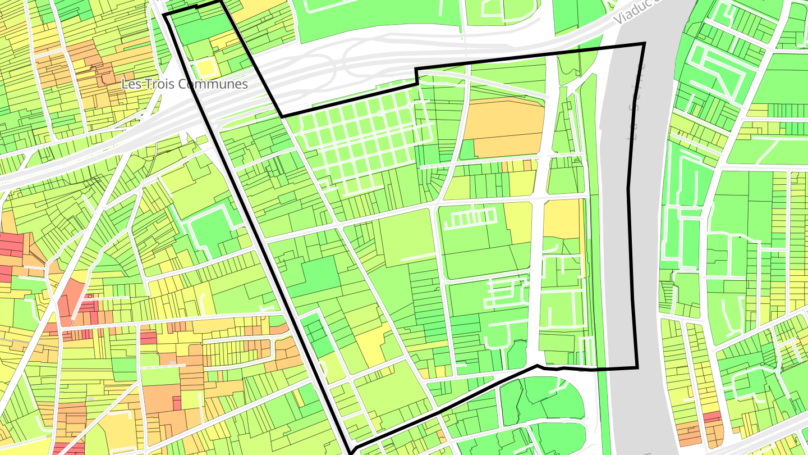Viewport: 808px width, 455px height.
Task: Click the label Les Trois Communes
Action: tap(185, 84)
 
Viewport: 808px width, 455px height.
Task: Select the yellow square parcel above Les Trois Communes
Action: tap(206, 69)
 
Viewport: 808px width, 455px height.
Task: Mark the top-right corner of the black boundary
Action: tap(644, 43)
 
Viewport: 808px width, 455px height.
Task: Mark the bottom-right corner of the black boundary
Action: tap(637, 368)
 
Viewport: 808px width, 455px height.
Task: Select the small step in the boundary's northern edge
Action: tap(416, 76)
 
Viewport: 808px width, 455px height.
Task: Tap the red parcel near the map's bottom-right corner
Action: tap(711, 417)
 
